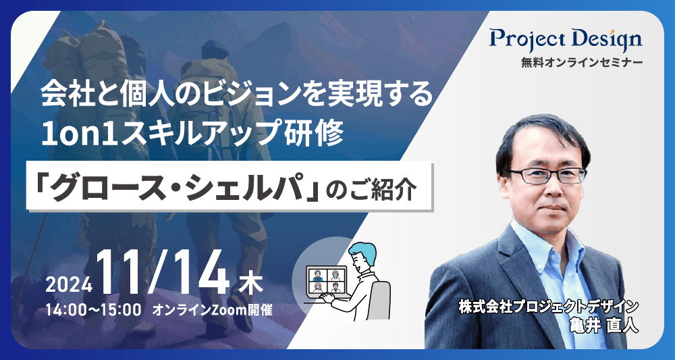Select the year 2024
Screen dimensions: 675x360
click(69, 284)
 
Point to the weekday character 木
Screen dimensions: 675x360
click(249, 284)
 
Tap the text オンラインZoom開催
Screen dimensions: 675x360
click(212, 310)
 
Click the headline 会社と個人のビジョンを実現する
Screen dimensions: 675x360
click(237, 96)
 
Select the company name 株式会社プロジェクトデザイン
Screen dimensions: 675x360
click(548, 307)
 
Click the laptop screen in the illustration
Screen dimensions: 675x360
click(326, 280)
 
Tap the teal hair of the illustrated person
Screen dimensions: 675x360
click(361, 249)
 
